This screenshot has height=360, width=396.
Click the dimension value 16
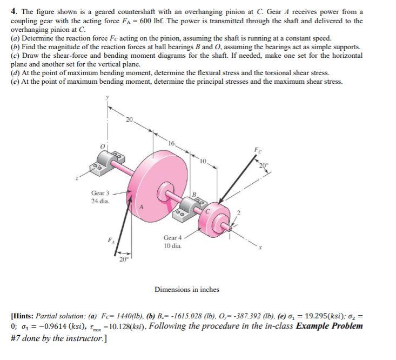(171, 144)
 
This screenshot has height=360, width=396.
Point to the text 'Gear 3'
(100, 193)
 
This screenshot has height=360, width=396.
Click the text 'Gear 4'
(173, 237)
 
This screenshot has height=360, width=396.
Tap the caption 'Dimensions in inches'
(187, 290)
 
